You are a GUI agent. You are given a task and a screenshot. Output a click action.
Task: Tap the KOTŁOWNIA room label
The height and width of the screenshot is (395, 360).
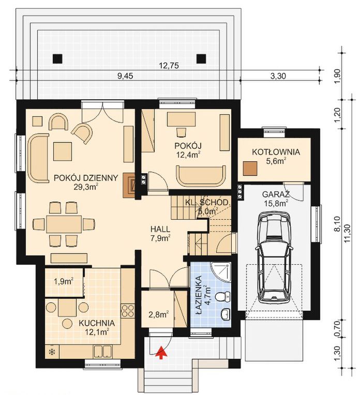click(x=276, y=152)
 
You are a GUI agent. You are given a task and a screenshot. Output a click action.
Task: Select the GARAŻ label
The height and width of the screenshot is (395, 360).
click(x=276, y=194)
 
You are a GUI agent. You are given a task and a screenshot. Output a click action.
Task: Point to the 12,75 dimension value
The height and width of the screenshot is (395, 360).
click(x=169, y=66)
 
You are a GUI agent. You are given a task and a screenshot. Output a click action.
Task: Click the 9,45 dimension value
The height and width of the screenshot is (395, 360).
click(x=125, y=76)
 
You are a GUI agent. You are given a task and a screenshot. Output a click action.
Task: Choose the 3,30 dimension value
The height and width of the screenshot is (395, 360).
click(x=278, y=76)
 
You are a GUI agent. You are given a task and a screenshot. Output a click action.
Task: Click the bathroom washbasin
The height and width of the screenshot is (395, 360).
click(x=226, y=314)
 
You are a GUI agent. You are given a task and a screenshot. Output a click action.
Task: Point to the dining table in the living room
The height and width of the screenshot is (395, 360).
click(x=64, y=224)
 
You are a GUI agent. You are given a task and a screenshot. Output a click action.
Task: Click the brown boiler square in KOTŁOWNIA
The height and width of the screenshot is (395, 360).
click(x=250, y=169)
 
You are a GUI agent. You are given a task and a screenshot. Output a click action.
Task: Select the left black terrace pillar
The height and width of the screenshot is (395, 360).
click(x=58, y=59)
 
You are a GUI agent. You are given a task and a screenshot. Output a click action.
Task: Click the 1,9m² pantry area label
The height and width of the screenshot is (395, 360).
click(x=64, y=281)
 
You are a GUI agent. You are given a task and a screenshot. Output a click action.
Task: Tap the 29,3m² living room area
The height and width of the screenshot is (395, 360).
click(x=86, y=187)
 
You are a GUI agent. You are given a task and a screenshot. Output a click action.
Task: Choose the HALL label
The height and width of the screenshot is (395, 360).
click(x=160, y=229)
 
